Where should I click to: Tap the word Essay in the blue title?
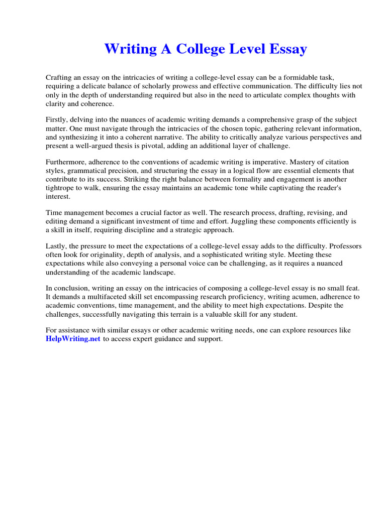(286, 49)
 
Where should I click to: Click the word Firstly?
(57, 120)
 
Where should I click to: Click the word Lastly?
(57, 246)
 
